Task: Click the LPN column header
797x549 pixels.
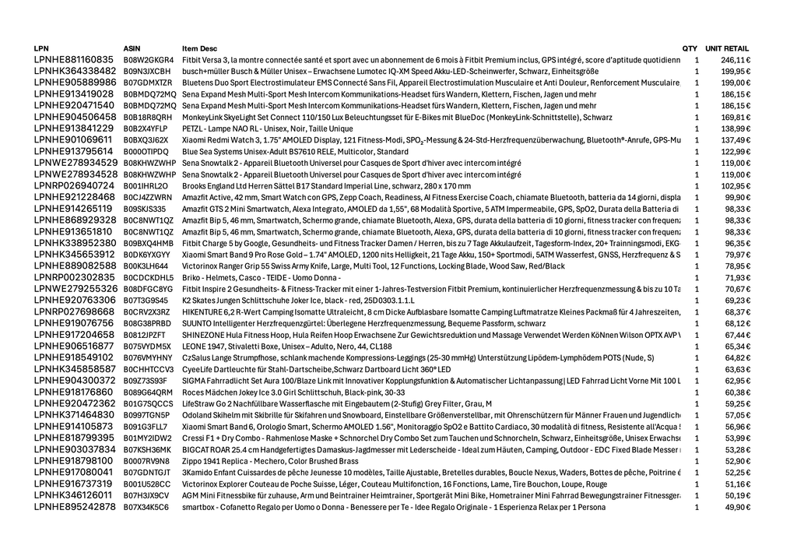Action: click(41, 48)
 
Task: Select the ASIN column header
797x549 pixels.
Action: click(132, 48)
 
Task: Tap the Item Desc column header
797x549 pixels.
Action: click(199, 48)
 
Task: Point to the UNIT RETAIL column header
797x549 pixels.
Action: click(727, 48)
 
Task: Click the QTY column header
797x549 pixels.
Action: click(690, 48)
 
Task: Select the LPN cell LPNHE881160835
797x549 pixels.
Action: click(74, 60)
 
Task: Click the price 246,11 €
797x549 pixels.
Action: click(736, 60)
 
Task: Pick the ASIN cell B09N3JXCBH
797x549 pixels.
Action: click(146, 71)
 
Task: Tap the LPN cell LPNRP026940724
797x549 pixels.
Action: click(74, 186)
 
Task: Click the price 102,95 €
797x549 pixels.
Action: click(736, 186)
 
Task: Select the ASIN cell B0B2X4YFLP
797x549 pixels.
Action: click(146, 128)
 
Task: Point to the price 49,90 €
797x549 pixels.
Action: click(738, 507)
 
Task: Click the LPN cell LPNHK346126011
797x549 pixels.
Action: click(73, 495)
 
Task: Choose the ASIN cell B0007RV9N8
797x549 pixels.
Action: click(146, 461)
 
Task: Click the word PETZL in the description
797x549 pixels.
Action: click(192, 128)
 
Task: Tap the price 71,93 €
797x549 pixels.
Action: click(738, 278)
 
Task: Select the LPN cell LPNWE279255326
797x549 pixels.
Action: click(75, 289)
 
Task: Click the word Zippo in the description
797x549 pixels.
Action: click(192, 461)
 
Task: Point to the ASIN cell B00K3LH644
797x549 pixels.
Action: click(146, 266)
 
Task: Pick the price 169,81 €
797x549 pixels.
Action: click(736, 117)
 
